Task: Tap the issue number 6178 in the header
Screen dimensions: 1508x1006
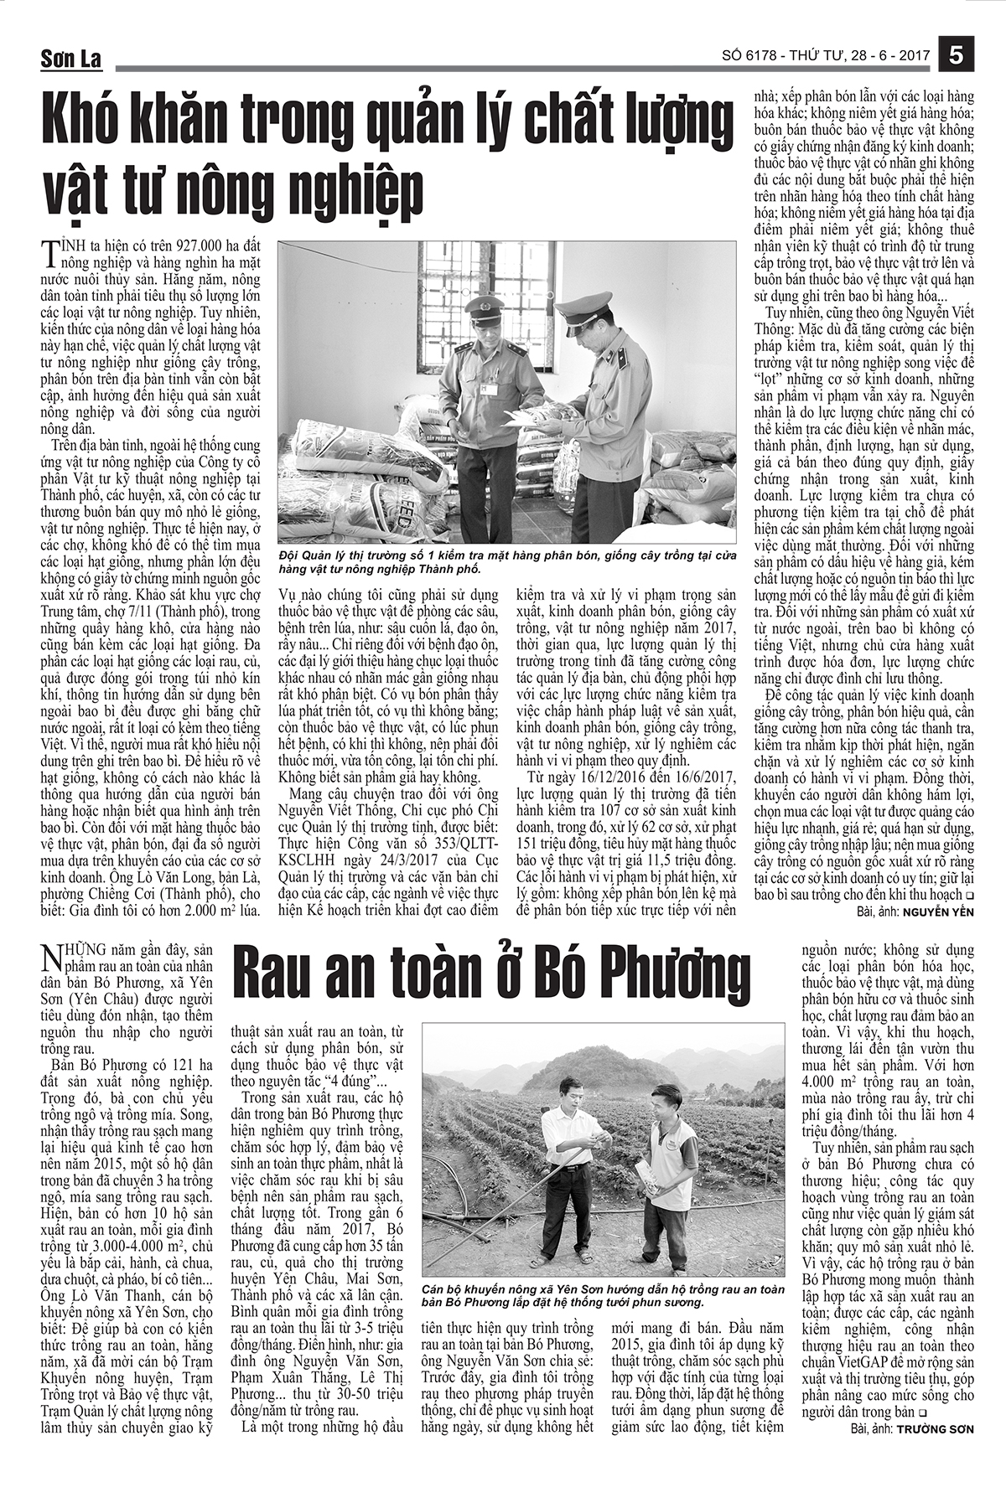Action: coord(760,56)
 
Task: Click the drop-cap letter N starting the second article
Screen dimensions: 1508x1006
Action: coord(51,958)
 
